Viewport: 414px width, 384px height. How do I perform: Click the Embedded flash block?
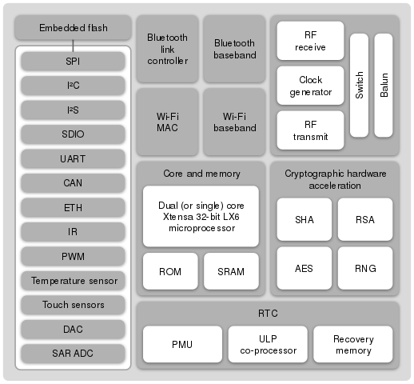(x=74, y=30)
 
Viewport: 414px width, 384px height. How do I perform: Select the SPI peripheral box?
(x=74, y=61)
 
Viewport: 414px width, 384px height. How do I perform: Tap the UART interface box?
(x=74, y=158)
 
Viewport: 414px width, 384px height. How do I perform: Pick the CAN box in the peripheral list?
(x=74, y=183)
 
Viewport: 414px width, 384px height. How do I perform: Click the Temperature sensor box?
(x=74, y=281)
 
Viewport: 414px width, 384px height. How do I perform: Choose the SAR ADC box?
(x=74, y=353)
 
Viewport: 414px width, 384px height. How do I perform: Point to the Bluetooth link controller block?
(x=166, y=48)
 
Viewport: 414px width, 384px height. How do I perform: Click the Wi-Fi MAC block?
(x=166, y=121)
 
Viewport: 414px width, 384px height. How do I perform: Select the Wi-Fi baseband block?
(x=233, y=121)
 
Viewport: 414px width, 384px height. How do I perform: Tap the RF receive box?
(x=310, y=40)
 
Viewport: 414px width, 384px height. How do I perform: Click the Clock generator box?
(x=310, y=85)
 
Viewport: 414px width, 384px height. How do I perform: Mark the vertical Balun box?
(x=384, y=85)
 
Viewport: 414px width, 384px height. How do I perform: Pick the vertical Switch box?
(x=360, y=85)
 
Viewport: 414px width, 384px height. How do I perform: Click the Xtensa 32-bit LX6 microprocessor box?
(x=201, y=216)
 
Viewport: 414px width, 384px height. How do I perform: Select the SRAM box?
(x=231, y=271)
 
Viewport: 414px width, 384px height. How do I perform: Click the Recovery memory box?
(x=353, y=345)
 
